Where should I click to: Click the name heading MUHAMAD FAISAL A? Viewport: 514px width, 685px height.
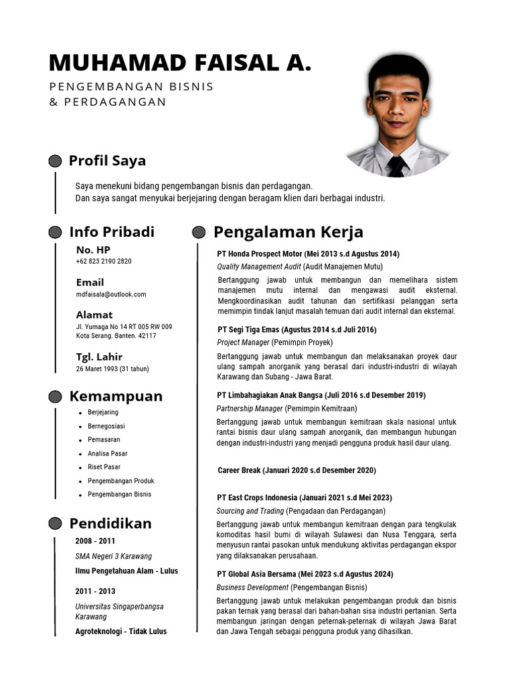180,63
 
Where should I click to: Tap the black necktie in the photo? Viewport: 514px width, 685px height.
396,165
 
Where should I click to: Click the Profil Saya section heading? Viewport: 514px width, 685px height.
107,161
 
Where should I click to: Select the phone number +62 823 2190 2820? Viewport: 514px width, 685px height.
104,262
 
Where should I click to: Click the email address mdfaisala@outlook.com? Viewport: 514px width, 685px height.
111,294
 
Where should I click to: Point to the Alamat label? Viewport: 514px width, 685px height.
94,314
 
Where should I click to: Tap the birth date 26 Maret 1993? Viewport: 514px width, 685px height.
112,369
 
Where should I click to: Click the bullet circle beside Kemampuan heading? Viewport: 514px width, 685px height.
56,397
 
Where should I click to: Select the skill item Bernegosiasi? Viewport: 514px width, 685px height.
106,426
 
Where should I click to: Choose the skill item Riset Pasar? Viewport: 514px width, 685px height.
104,467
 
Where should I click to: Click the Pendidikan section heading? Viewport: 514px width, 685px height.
110,523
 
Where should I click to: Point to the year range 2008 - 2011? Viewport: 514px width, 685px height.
95,541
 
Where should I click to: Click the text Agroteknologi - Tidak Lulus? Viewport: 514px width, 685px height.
121,631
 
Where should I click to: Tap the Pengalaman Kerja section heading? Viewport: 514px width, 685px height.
288,232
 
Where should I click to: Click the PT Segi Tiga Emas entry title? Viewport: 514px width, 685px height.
297,330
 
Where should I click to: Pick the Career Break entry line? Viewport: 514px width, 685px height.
296,471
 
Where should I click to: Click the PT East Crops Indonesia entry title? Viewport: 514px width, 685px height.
305,498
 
